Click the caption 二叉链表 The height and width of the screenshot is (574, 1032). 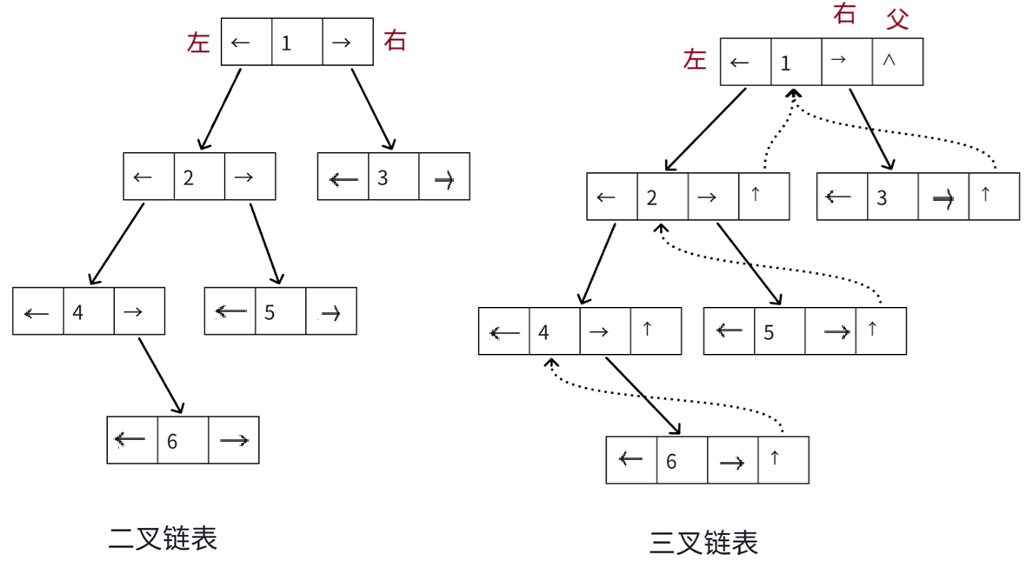(x=163, y=538)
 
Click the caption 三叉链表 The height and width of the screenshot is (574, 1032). (x=704, y=544)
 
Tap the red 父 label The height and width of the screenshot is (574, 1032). (x=897, y=18)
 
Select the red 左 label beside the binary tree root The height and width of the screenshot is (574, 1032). (x=199, y=43)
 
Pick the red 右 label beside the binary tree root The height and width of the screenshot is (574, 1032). (x=395, y=41)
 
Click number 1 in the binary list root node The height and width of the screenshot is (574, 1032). (x=287, y=43)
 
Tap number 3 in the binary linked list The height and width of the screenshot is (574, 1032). (x=383, y=178)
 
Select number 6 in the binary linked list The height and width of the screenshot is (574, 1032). (x=172, y=441)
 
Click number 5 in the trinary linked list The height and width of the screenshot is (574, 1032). (x=769, y=331)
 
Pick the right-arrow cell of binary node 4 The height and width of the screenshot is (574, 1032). (x=133, y=311)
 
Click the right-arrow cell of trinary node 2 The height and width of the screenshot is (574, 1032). (x=708, y=197)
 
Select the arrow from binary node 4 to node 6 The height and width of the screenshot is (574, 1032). (x=161, y=374)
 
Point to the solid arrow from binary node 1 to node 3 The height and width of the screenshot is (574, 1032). (x=374, y=110)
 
